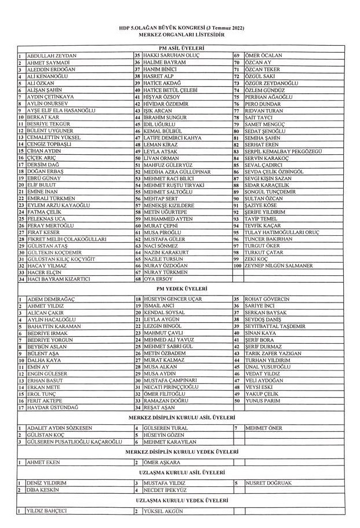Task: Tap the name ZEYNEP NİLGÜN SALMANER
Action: coord(274,265)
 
